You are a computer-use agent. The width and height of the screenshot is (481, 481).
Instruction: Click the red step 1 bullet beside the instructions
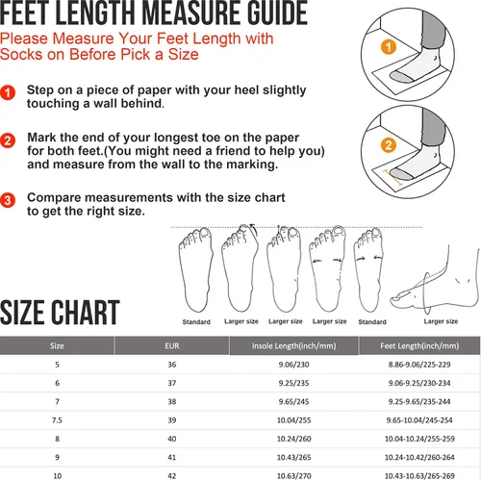[8, 92]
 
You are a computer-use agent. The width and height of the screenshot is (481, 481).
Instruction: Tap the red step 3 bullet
[8, 200]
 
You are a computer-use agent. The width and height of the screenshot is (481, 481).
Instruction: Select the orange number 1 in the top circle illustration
[389, 47]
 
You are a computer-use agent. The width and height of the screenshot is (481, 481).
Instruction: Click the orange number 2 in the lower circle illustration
[389, 145]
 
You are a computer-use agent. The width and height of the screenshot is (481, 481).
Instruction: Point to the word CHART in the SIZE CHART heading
[86, 313]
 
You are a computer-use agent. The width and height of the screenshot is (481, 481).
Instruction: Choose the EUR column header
[172, 345]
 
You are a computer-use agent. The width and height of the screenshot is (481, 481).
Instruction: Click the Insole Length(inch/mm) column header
[293, 345]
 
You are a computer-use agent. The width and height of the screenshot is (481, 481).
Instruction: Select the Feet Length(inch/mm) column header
[419, 345]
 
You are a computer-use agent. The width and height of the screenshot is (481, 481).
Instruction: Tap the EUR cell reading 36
[172, 365]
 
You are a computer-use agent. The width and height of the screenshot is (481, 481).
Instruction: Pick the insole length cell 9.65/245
[293, 401]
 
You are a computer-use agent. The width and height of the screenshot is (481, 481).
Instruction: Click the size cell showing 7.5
[57, 420]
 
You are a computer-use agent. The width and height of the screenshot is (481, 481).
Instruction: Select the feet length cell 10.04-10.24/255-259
[419, 439]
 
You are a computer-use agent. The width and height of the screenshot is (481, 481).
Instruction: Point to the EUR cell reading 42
[172, 476]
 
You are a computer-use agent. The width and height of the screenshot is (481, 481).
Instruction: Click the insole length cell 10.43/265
[293, 457]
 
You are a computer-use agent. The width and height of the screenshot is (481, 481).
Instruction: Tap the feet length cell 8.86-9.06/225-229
[419, 365]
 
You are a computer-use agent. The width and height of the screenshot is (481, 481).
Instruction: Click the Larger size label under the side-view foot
[441, 321]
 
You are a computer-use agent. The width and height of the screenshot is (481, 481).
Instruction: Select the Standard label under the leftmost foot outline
[196, 321]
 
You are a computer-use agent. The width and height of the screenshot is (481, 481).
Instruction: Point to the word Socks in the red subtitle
[21, 54]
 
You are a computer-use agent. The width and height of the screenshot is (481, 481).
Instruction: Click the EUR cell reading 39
[172, 420]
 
